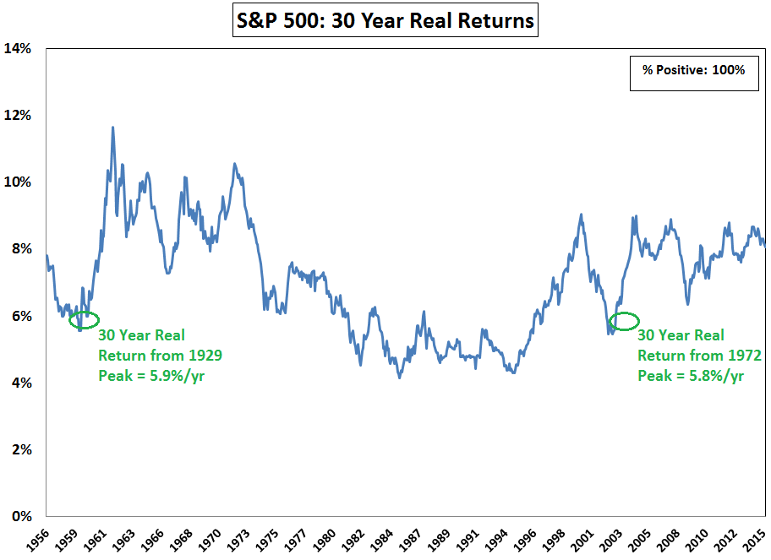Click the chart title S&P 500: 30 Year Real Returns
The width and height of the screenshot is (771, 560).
385,20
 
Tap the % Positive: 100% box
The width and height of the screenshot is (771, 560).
693,70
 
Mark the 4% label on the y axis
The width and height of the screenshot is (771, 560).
21,383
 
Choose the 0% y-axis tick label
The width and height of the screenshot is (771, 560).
21,516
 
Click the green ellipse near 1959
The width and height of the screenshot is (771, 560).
84,319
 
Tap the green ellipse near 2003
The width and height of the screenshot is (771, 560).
625,321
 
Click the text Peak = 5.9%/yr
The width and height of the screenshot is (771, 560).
151,375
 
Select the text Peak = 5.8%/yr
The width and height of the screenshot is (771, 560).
690,375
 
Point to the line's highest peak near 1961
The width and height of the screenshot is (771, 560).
113,128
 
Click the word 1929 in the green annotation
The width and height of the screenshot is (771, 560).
205,356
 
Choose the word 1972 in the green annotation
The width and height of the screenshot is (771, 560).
744,356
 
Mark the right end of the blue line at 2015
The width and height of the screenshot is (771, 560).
765,245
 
